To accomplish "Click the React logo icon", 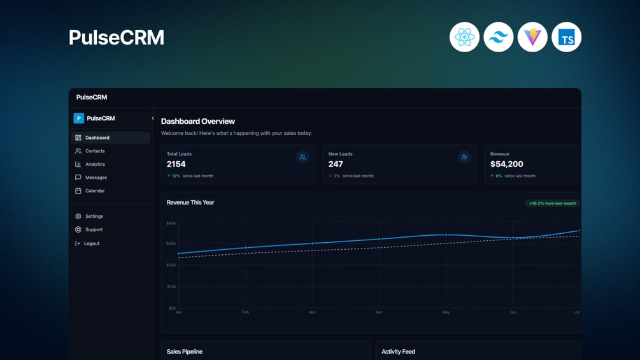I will [x=464, y=37].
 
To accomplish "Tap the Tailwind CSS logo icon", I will [x=499, y=37].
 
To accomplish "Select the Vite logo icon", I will [x=532, y=37].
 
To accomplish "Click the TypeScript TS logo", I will [x=566, y=37].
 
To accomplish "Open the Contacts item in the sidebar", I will [x=95, y=151].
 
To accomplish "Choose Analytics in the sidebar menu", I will [x=95, y=164].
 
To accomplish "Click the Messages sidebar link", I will [x=96, y=178].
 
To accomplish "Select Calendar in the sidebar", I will [x=95, y=191].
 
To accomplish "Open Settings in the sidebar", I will [x=94, y=217].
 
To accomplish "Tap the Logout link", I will [x=92, y=243].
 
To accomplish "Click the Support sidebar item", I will [x=94, y=229].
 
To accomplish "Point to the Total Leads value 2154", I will [x=176, y=164].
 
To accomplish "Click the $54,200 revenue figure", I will [x=507, y=164].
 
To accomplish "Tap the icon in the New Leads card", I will [x=464, y=157].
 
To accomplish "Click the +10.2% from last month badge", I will [x=552, y=203].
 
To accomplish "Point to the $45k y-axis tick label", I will [x=171, y=243].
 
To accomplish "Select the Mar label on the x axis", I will [x=312, y=312].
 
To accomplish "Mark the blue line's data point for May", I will [x=446, y=234].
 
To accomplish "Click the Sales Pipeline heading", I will [x=185, y=352].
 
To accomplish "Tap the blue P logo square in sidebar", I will [x=79, y=118].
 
